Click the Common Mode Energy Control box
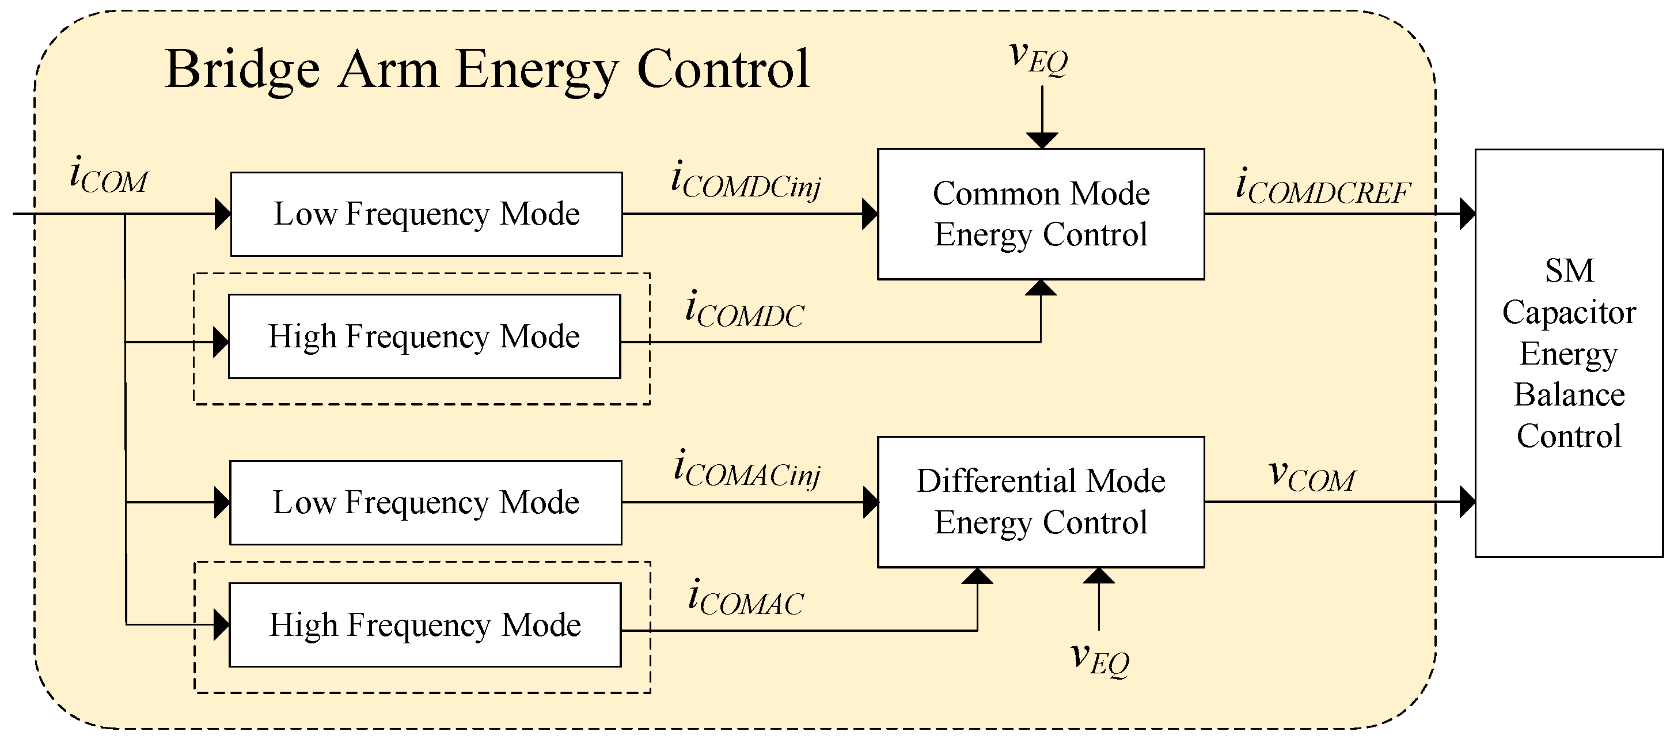pos(1041,214)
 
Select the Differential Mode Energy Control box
pos(1041,502)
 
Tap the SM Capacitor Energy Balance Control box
pos(1568,353)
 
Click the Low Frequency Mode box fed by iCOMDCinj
pos(426,214)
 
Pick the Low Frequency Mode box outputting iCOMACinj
pos(426,502)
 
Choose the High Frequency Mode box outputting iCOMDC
pos(424,336)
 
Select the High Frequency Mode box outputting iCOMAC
pos(425,625)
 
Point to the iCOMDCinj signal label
pos(745,180)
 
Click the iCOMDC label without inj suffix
pos(745,310)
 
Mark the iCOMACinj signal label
pos(747,469)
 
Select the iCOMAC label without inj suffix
pos(745,598)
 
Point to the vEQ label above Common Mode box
pos(1038,59)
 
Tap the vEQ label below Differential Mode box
pos(1099,658)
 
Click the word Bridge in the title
pos(242,70)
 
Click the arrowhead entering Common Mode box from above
pos(1042,141)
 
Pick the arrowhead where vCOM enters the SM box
pos(1467,502)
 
